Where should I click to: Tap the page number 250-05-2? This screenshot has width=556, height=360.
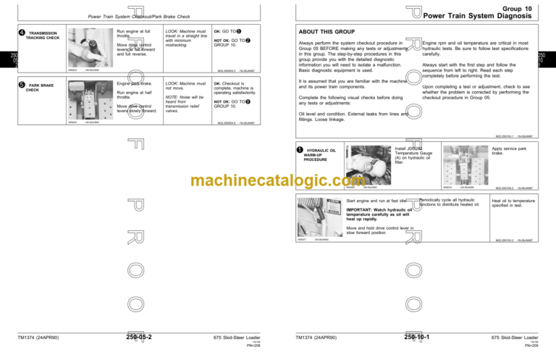point(143,337)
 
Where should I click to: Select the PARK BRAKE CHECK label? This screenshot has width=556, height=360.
point(40,88)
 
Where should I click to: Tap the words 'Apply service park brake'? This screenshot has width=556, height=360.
point(507,151)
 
